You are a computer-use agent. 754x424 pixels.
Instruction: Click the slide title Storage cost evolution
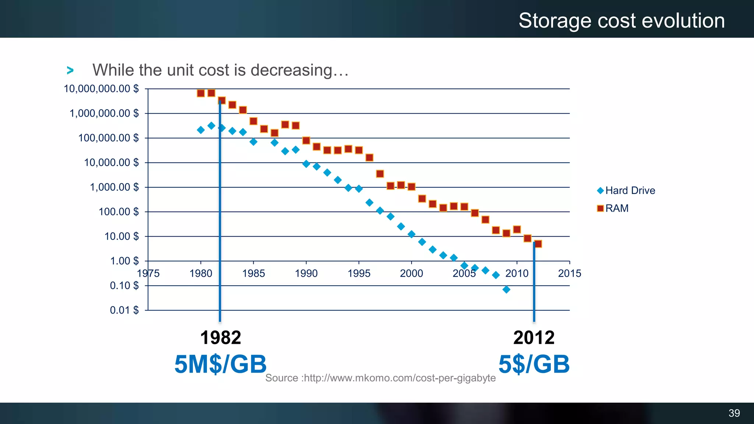point(621,21)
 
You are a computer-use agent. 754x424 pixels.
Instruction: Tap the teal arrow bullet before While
point(70,70)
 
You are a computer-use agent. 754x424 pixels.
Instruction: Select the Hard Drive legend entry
point(626,191)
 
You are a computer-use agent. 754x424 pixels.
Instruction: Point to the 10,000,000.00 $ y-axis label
point(101,89)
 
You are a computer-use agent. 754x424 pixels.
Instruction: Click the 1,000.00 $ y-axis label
point(114,187)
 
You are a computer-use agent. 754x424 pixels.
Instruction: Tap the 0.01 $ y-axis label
point(124,310)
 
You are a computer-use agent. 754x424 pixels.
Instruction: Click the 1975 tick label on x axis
point(148,273)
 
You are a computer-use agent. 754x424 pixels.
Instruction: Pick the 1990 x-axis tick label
point(306,273)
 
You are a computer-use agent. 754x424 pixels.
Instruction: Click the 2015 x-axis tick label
point(569,273)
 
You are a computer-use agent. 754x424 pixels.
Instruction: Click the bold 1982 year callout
point(221,338)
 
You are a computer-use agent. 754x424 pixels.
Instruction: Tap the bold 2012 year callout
point(534,338)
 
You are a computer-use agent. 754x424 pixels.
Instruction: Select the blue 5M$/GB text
point(220,364)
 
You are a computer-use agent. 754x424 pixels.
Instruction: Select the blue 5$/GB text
point(534,364)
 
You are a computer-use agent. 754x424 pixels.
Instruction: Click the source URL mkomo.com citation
point(380,378)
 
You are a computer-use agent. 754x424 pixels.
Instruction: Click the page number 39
point(734,413)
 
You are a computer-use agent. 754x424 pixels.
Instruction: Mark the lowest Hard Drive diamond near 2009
point(506,290)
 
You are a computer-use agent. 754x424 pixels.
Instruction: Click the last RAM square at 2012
point(538,244)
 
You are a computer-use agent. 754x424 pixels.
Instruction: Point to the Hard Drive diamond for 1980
point(201,130)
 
